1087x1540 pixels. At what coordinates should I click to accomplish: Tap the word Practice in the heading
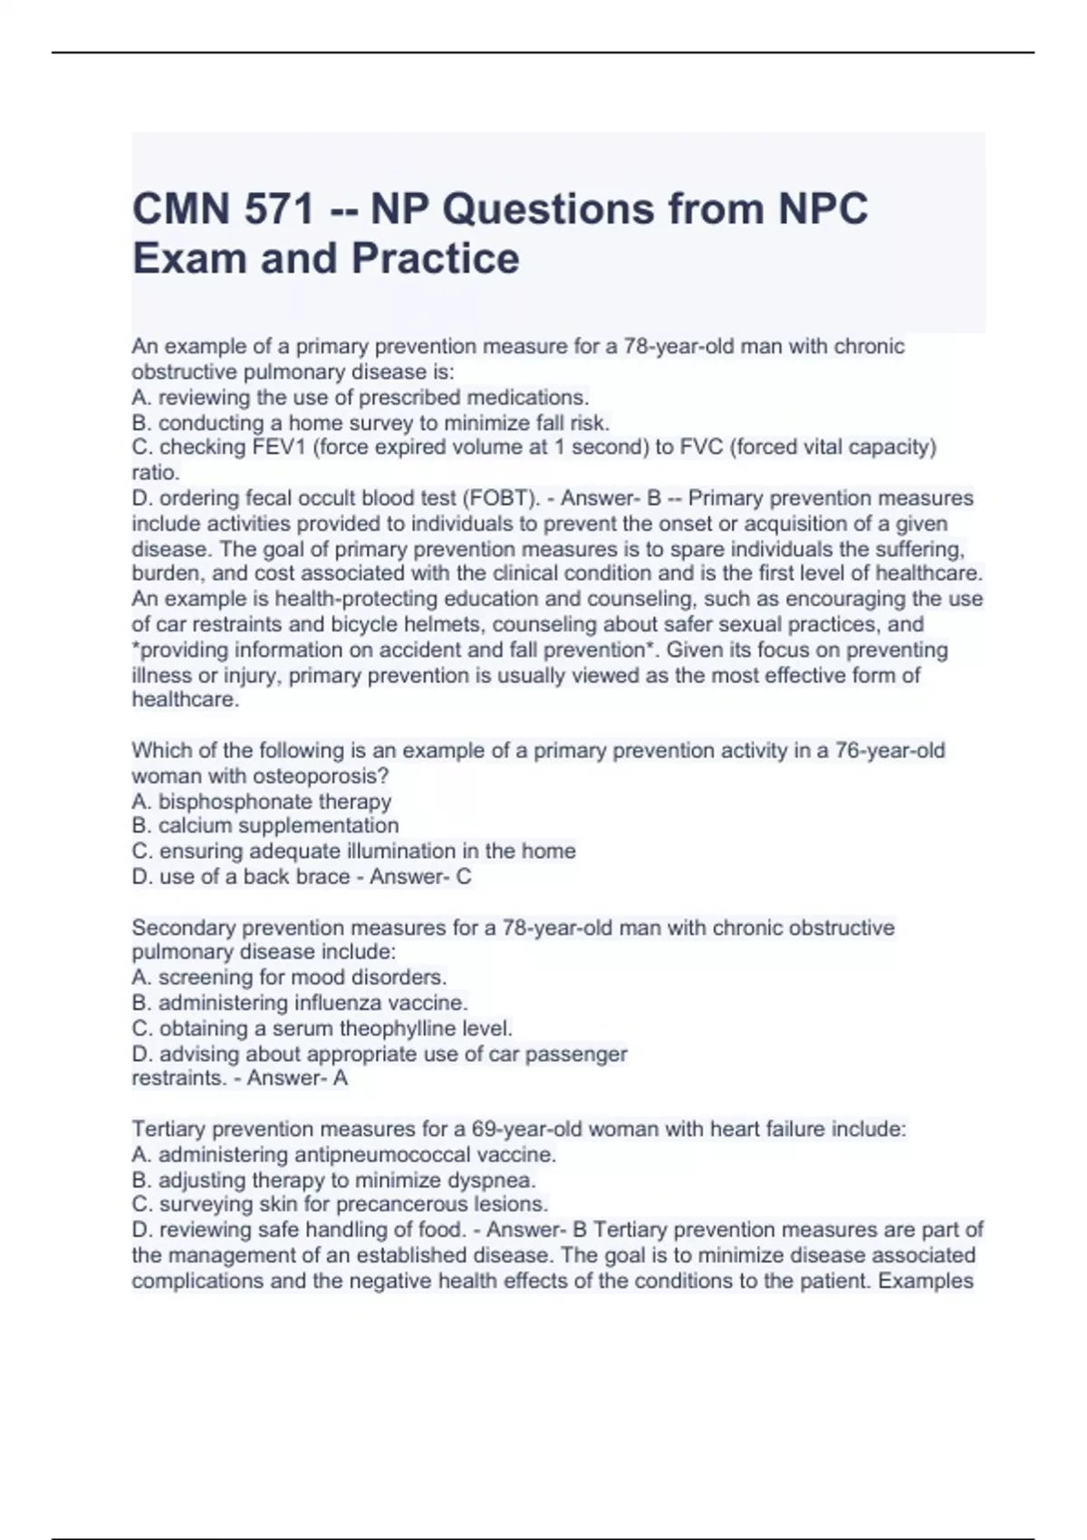point(435,258)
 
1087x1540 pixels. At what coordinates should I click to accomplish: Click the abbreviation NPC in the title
point(821,209)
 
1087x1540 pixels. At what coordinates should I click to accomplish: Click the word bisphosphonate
point(229,802)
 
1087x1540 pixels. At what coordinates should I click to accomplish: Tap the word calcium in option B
point(189,826)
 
